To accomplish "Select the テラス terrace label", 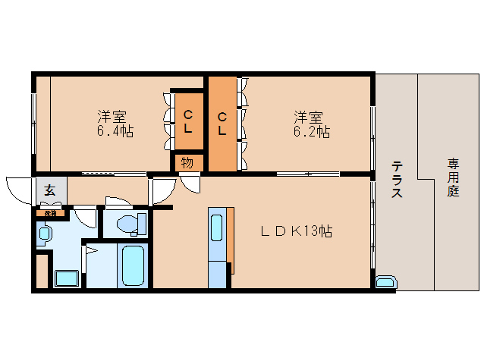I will tap(396, 180).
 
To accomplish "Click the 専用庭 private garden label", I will tap(454, 177).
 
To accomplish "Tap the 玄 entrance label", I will tap(49, 190).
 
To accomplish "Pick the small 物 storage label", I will tap(187, 162).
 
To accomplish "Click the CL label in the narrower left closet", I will tap(187, 122).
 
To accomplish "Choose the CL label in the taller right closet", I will tap(222, 124).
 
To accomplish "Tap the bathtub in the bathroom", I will tap(133, 265).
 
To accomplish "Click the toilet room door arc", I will tap(118, 201).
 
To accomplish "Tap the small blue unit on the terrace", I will tap(385, 284).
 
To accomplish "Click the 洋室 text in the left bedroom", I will tap(112, 117).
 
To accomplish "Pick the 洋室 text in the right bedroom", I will tap(309, 117).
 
